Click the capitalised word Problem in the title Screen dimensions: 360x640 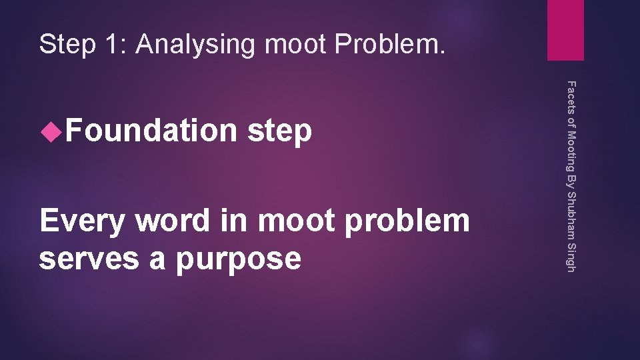(391, 45)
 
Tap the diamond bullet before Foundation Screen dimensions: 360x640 (48, 132)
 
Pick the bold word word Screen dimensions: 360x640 (170, 221)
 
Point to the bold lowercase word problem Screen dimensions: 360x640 (406, 221)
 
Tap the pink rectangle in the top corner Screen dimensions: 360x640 (565, 30)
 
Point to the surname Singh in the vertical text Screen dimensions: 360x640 (570, 257)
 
